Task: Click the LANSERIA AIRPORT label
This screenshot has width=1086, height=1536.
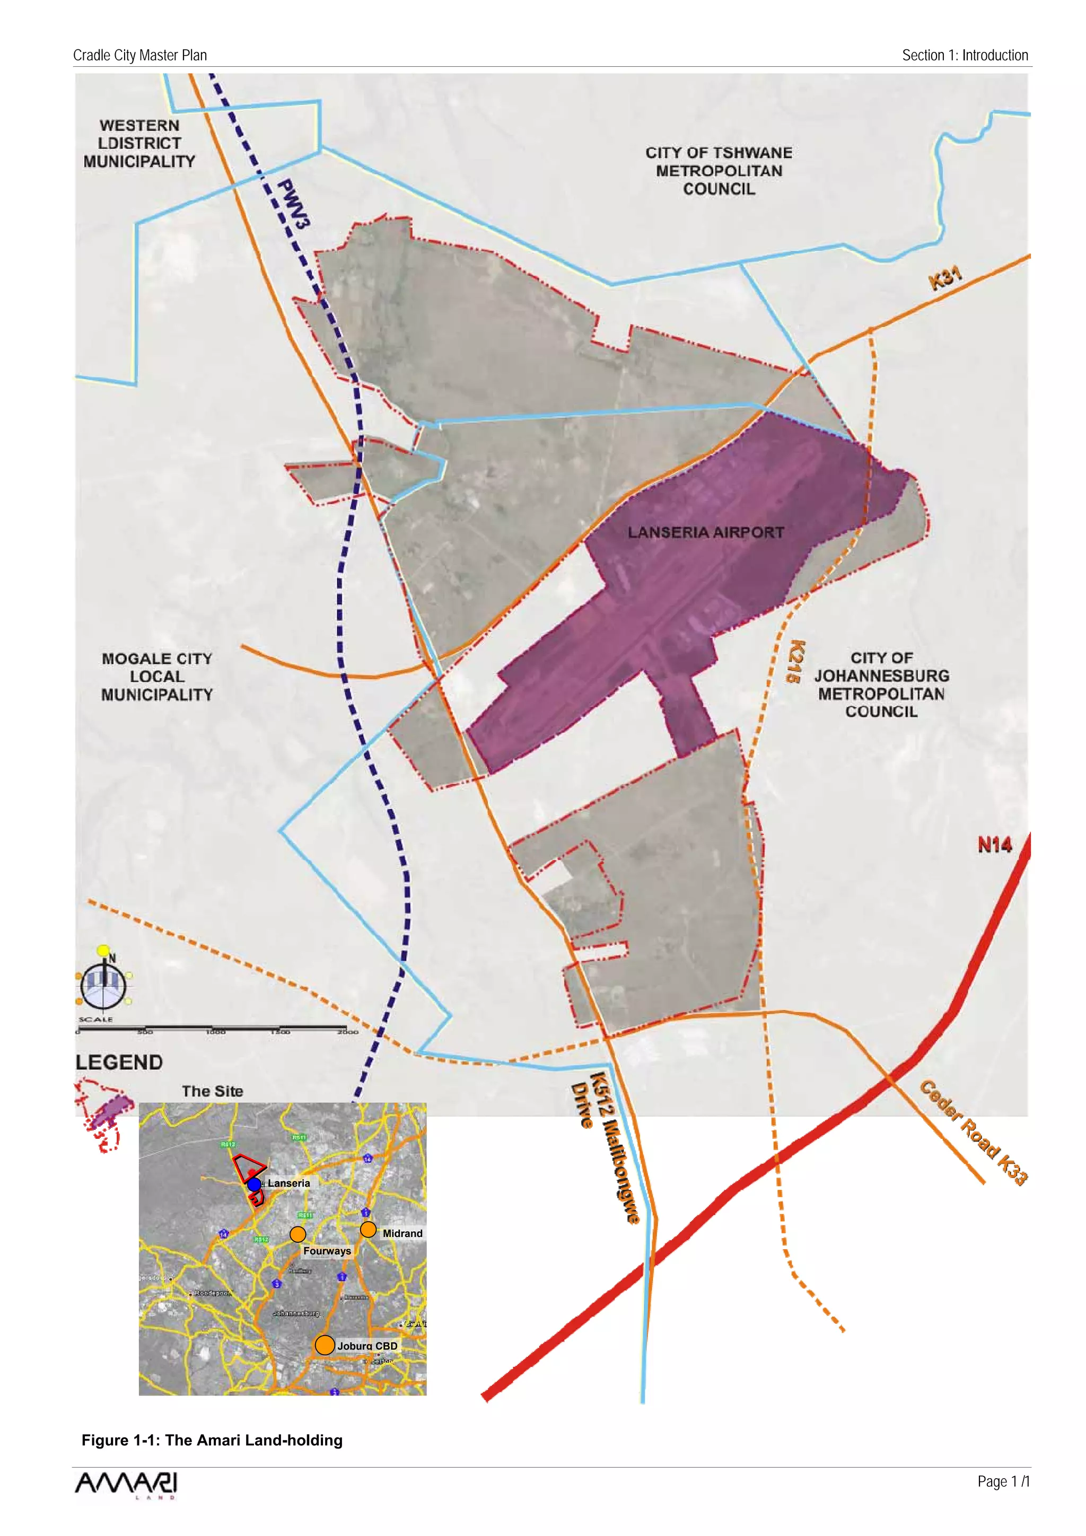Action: pyautogui.click(x=705, y=532)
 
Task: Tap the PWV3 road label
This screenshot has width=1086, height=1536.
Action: pyautogui.click(x=294, y=204)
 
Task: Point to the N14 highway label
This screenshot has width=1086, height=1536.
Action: pyautogui.click(x=994, y=845)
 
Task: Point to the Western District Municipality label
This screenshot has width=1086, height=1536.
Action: pyautogui.click(x=139, y=143)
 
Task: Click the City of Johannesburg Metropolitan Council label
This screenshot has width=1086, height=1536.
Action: pyautogui.click(x=881, y=684)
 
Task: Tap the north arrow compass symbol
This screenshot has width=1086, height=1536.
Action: pyautogui.click(x=104, y=983)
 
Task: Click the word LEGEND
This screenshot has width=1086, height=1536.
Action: pyautogui.click(x=119, y=1063)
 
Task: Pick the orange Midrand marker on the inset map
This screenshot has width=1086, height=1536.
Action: pyautogui.click(x=368, y=1229)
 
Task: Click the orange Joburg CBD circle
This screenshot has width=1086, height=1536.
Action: pyautogui.click(x=325, y=1345)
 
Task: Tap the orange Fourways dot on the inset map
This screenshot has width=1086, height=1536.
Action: pyautogui.click(x=298, y=1234)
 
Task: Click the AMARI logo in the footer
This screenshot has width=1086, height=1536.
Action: pyautogui.click(x=126, y=1485)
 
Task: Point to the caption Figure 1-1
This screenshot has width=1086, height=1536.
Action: pyautogui.click(x=212, y=1441)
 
